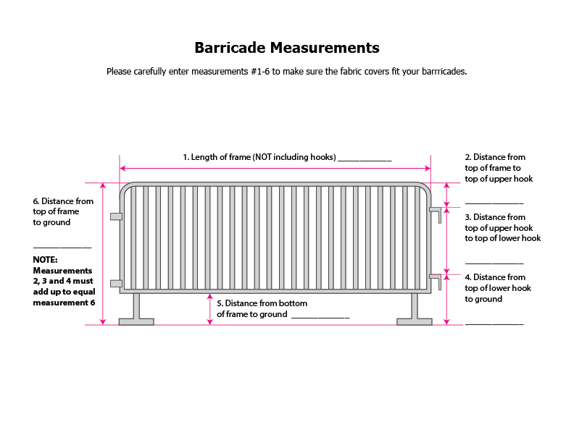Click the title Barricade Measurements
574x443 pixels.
pos(286,48)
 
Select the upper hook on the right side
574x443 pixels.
pos(436,211)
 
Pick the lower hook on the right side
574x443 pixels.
pos(436,277)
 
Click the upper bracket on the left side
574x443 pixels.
pos(115,216)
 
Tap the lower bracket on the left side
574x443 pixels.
pos(115,283)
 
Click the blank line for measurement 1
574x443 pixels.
pos(365,160)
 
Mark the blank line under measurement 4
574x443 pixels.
pos(494,324)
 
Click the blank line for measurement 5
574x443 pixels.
pos(320,318)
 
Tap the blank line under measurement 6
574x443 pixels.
pos(62,248)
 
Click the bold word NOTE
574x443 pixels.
pos(45,259)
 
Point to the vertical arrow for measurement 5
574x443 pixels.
pos(210,309)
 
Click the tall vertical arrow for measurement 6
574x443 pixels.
pos(103,253)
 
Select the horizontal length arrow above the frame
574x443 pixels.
pos(275,168)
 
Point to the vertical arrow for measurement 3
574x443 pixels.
pos(446,240)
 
